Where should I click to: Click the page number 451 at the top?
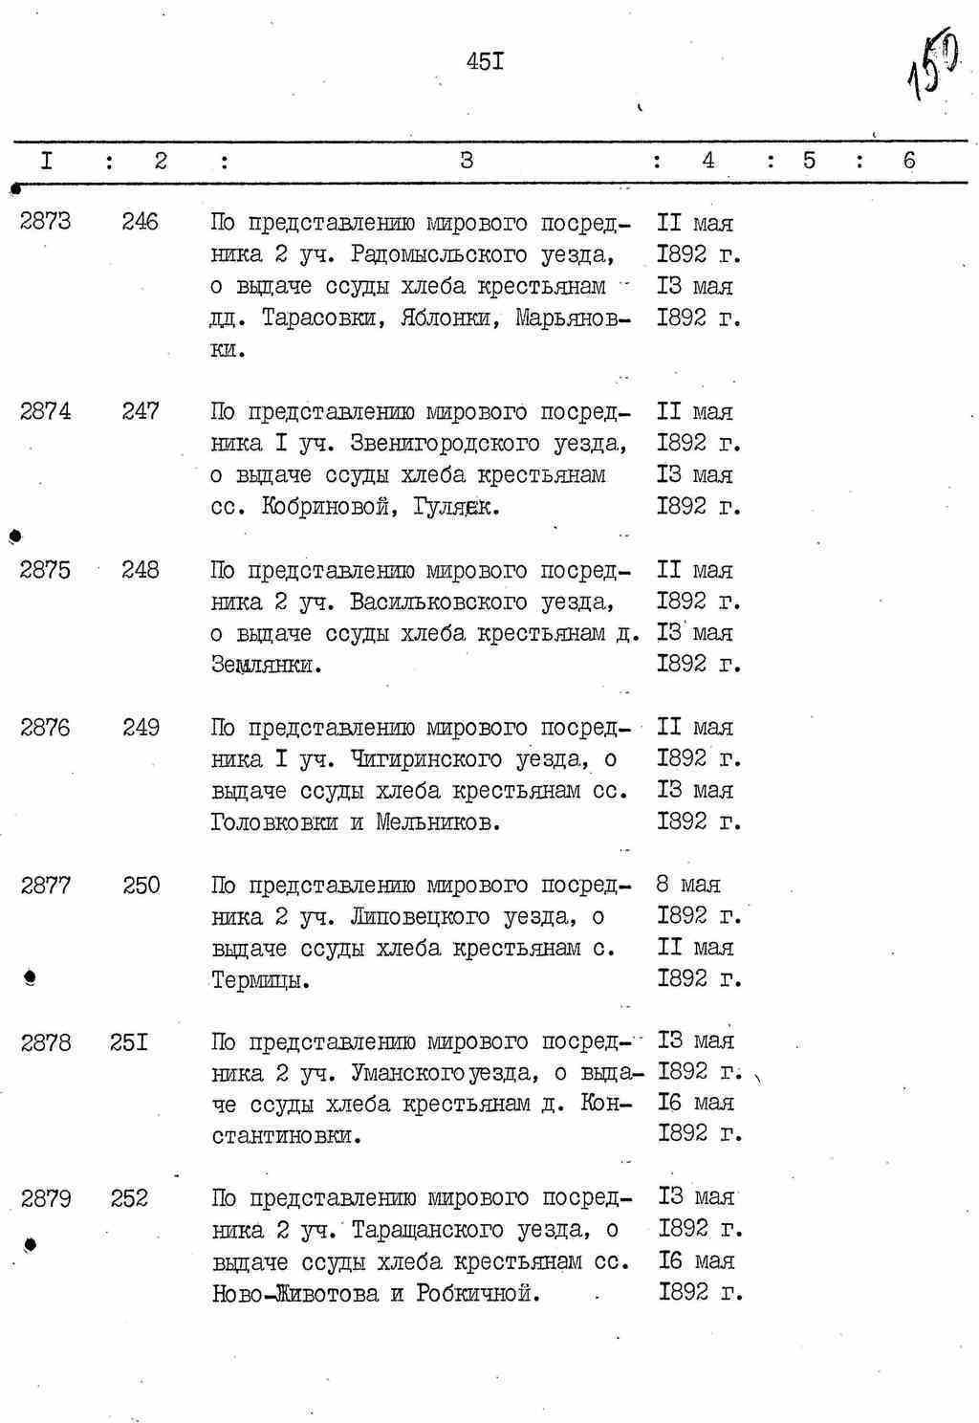485,62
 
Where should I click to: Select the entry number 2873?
45,222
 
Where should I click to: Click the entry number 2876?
45,728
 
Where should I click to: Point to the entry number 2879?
45,1198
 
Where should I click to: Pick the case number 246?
141,222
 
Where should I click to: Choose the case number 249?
141,728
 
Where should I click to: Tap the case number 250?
141,886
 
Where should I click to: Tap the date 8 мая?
688,885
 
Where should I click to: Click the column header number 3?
466,161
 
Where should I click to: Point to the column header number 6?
908,161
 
